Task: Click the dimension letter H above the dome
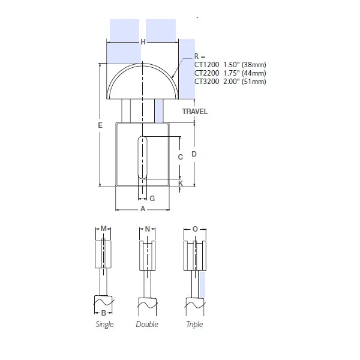(143, 41)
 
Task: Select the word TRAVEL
(196, 112)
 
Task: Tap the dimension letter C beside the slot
(180, 157)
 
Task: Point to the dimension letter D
(194, 154)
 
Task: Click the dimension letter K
(181, 182)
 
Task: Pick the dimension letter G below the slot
(152, 197)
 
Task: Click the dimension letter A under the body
(142, 209)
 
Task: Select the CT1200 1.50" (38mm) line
(230, 64)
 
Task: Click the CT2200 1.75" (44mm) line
(230, 73)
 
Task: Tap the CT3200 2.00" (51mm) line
(230, 81)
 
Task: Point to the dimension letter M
(104, 229)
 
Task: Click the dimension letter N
(147, 229)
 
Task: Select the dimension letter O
(194, 229)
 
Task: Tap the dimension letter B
(104, 313)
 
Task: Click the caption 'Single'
(104, 325)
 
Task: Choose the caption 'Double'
(147, 325)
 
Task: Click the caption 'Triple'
(194, 325)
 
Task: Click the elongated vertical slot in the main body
(142, 157)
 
